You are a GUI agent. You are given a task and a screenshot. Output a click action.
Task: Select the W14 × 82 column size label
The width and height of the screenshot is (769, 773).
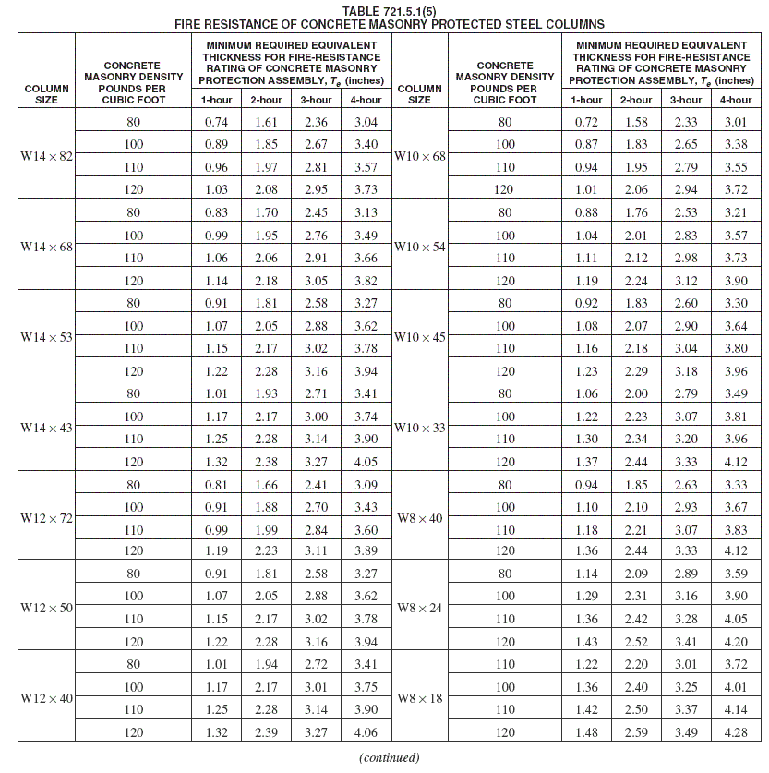(46, 156)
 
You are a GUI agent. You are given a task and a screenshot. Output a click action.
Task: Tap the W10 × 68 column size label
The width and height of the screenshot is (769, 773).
(420, 156)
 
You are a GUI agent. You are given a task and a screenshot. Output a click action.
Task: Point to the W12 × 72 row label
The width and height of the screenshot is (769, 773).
(46, 518)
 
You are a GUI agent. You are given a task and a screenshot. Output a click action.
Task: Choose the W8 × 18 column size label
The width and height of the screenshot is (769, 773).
(420, 698)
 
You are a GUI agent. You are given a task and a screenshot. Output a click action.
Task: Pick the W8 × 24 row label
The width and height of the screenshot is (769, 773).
(420, 608)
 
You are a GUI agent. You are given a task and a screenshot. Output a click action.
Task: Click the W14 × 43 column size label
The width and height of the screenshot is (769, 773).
(46, 428)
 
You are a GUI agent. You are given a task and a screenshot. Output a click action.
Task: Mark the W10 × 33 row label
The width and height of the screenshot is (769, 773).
(420, 428)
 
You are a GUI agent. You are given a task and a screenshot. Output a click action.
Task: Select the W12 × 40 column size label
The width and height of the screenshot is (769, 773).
(46, 698)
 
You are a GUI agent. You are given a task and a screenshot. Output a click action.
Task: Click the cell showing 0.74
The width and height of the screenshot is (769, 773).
(217, 123)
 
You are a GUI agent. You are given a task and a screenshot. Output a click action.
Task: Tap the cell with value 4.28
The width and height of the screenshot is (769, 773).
(736, 732)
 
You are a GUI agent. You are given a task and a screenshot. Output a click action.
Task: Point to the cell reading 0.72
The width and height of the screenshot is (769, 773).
(586, 123)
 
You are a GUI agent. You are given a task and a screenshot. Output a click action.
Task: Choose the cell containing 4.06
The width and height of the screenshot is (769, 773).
(366, 732)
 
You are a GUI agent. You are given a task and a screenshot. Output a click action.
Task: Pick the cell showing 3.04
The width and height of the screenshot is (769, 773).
(366, 123)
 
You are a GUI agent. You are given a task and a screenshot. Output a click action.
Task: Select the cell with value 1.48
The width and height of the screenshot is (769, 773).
(586, 732)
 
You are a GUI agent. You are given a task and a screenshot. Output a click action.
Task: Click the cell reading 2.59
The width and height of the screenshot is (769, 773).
(636, 732)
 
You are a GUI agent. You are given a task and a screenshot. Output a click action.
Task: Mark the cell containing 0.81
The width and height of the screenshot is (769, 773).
(217, 484)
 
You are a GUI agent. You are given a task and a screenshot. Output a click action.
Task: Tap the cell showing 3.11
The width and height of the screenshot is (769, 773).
(317, 551)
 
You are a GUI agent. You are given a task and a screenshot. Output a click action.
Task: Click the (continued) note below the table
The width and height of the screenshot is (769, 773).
(390, 758)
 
